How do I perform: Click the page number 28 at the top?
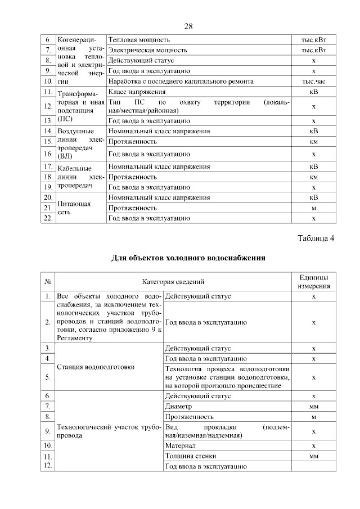tap(188, 26)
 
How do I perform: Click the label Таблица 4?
tap(316, 238)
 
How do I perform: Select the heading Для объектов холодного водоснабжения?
tap(188, 258)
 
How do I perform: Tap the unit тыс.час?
tap(314, 82)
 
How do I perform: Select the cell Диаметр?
tap(178, 406)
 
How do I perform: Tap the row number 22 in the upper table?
tap(48, 218)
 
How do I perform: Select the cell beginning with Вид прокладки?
tap(227, 431)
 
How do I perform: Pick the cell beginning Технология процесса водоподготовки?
tap(227, 376)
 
